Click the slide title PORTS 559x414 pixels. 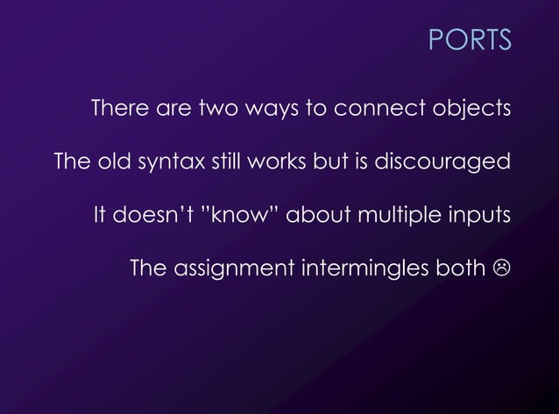click(470, 40)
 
